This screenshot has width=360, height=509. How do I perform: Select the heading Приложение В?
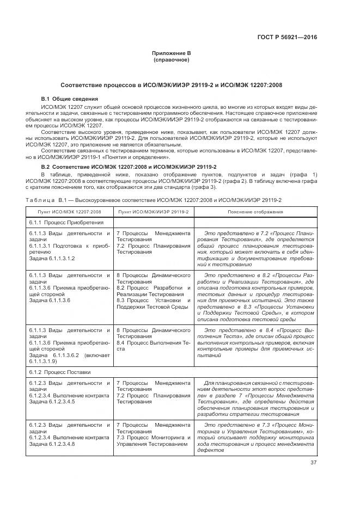click(x=172, y=53)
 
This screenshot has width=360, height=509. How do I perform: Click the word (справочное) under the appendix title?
click(x=172, y=60)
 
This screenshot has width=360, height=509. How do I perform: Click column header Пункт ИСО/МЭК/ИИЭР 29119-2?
click(x=152, y=212)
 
